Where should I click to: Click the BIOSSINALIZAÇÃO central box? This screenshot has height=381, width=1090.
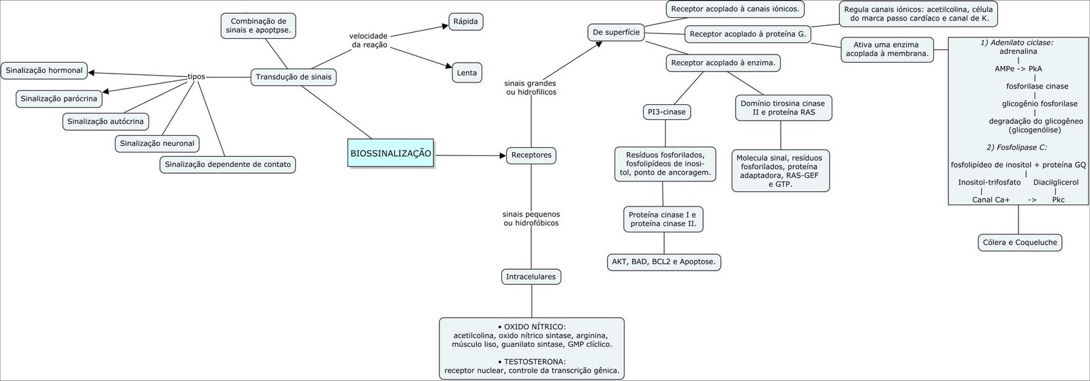pyautogui.click(x=391, y=154)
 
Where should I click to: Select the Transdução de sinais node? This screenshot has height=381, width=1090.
pyautogui.click(x=294, y=77)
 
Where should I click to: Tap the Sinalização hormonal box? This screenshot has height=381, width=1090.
pyautogui.click(x=44, y=70)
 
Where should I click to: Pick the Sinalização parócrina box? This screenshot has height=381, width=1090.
pyautogui.click(x=59, y=99)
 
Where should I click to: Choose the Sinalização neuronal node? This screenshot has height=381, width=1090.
pyautogui.click(x=157, y=143)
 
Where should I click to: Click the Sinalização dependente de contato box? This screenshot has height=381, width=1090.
pyautogui.click(x=228, y=164)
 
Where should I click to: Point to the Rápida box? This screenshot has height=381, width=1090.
pyautogui.click(x=466, y=22)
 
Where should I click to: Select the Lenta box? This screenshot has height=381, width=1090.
pyautogui.click(x=467, y=72)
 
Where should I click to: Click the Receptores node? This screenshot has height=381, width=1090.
pyautogui.click(x=531, y=155)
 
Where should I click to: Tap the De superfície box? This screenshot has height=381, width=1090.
pyautogui.click(x=616, y=32)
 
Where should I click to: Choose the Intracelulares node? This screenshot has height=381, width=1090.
pyautogui.click(x=531, y=277)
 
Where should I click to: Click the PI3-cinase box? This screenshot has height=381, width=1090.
pyautogui.click(x=666, y=112)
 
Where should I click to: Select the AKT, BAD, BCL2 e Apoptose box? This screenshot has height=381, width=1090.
pyautogui.click(x=664, y=262)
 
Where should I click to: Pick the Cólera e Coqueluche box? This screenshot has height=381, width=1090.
pyautogui.click(x=1019, y=242)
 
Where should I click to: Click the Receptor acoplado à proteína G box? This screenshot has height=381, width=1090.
pyautogui.click(x=747, y=33)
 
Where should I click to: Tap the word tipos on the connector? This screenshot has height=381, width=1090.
pyautogui.click(x=196, y=77)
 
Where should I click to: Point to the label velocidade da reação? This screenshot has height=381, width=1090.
pyautogui.click(x=369, y=40)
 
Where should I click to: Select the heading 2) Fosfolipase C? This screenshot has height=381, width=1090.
pyautogui.click(x=1016, y=147)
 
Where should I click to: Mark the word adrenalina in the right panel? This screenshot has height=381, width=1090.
pyautogui.click(x=1018, y=51)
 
